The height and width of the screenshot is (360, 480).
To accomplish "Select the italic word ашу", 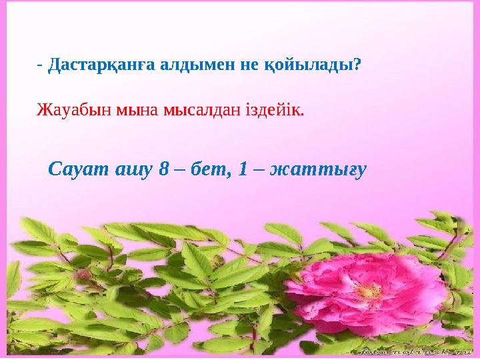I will click(133, 169).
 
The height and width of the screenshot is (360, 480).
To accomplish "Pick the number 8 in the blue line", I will click(164, 169).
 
